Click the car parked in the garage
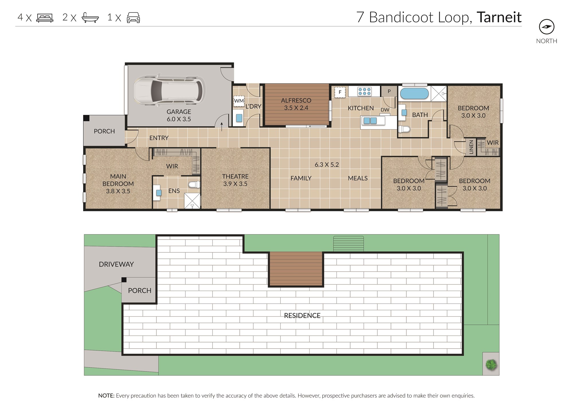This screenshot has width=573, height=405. [169, 90]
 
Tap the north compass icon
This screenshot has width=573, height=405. [547, 27]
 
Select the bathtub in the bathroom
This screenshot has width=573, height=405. [414, 94]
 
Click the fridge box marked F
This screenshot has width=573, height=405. [340, 92]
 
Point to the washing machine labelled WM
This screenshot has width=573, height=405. [239, 101]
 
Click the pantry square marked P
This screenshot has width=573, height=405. [389, 92]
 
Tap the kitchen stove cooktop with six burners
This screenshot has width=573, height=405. [364, 92]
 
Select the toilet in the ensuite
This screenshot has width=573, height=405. [194, 184]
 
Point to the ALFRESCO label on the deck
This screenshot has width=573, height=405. [296, 100]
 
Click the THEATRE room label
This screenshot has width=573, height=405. [235, 177]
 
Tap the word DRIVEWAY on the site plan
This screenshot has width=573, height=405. [116, 264]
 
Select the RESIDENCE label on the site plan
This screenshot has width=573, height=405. [302, 316]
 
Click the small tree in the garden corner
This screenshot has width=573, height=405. [491, 365]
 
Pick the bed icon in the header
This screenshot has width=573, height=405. [45, 17]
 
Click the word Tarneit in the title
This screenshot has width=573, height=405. [499, 17]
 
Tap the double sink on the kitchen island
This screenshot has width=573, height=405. [370, 121]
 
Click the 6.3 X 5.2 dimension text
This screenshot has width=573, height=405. [327, 165]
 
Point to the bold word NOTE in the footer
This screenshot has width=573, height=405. [106, 396]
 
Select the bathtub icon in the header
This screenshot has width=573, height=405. [90, 17]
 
